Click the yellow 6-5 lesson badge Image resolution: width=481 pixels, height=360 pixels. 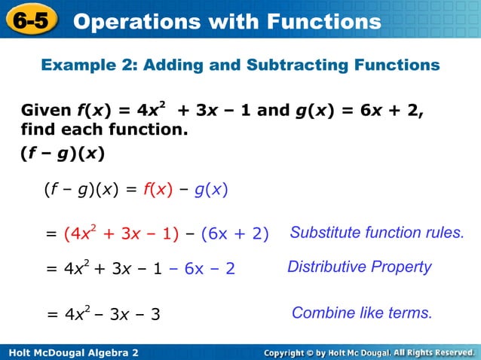coord(31,22)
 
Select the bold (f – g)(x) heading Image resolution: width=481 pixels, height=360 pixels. coord(63,154)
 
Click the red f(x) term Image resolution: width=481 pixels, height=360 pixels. coord(158,190)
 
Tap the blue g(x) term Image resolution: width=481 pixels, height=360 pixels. coord(211,190)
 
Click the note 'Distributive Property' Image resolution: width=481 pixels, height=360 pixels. coord(360,267)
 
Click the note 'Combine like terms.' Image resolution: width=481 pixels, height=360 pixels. coord(362,313)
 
